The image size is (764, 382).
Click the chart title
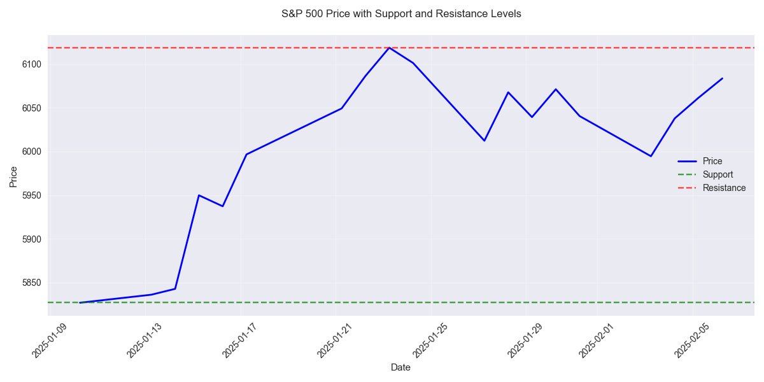tap(401, 13)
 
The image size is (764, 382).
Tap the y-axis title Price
tap(13, 176)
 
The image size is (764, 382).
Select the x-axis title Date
tap(400, 367)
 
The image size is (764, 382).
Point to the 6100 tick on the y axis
tap(32, 64)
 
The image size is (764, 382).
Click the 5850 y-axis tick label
tap(32, 283)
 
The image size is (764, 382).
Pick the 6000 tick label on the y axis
tap(32, 152)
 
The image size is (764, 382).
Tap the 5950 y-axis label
tap(32, 195)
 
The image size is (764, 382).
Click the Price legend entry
tap(712, 161)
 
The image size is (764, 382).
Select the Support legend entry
tap(718, 174)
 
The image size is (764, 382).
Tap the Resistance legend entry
tap(724, 188)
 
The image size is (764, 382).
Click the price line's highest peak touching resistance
tap(389, 48)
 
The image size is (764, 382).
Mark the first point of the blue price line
tap(80, 302)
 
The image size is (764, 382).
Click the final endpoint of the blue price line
tap(722, 78)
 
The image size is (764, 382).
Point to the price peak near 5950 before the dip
tap(199, 195)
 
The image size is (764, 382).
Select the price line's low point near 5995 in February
tap(651, 156)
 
